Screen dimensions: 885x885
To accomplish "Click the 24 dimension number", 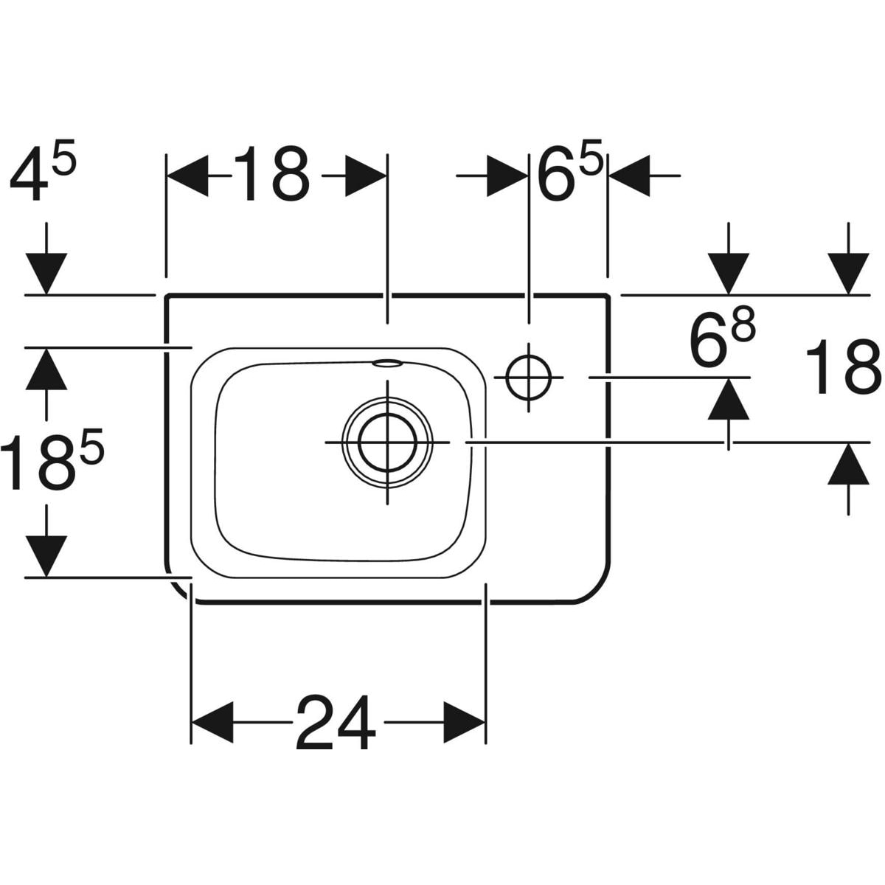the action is click(336, 722).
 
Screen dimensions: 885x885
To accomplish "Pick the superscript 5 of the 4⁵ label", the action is click(63, 158).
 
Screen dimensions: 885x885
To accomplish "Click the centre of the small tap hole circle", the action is click(529, 377).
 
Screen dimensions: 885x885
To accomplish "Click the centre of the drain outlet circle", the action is click(388, 442).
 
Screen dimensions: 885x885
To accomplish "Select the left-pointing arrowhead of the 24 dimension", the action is click(212, 723).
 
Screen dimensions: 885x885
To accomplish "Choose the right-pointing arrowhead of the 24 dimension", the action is click(465, 723).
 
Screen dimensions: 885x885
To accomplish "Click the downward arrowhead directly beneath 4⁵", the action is click(46, 274).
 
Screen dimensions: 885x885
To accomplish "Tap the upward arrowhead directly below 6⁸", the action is click(729, 399).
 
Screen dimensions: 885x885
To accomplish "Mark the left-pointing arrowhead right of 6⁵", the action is click(629, 176).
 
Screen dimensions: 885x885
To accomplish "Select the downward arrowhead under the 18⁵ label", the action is click(46, 556).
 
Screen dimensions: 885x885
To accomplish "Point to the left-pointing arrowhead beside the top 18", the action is click(187, 176).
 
